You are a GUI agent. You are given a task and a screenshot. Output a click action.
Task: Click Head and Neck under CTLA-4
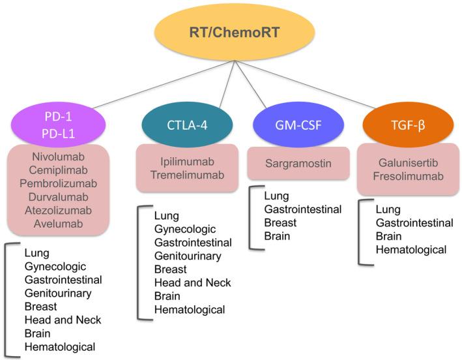pyautogui.click(x=192, y=282)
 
